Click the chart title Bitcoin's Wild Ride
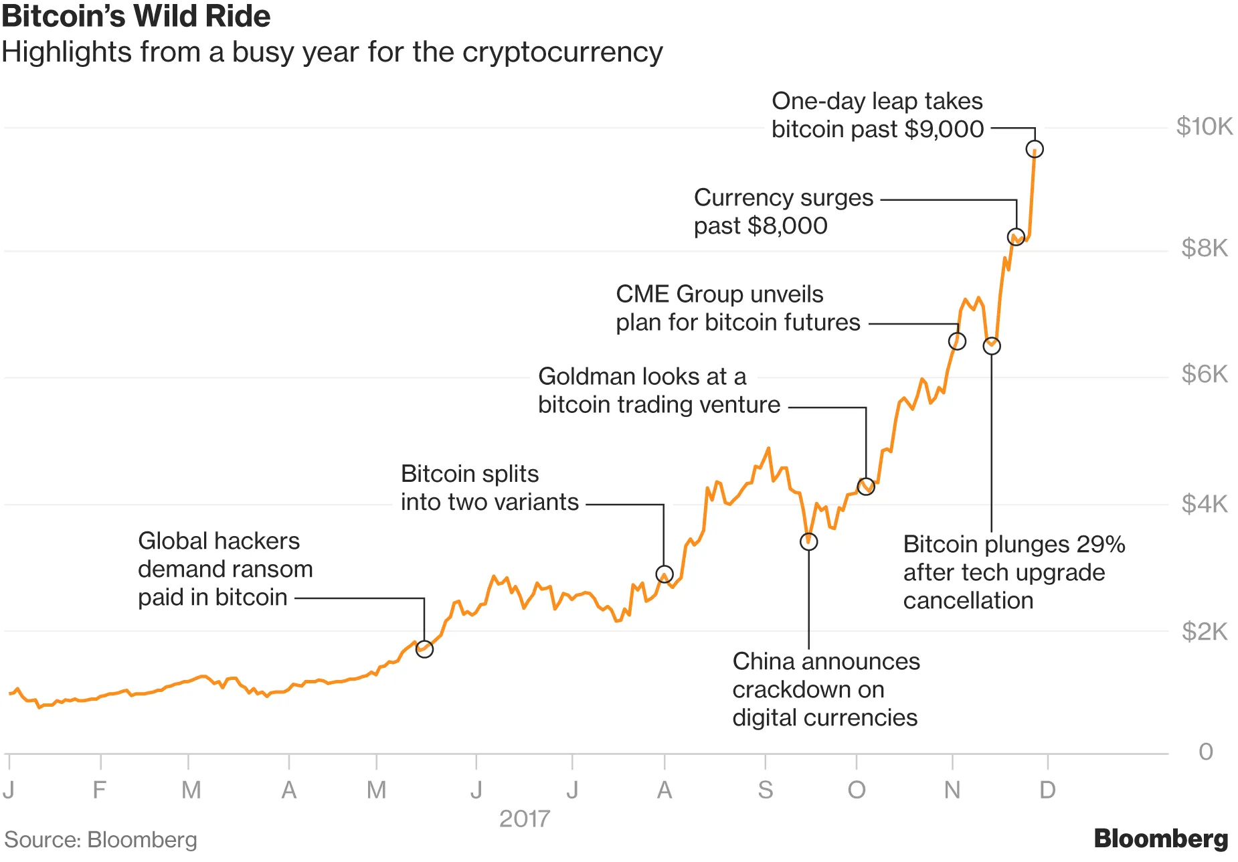pos(136,16)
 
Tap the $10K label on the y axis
pos(1204,126)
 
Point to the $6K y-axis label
pos(1204,374)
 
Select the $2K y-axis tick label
pos(1204,631)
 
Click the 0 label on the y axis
pos(1205,752)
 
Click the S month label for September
pos(765,790)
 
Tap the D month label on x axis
pos(1047,790)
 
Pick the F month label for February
pos(99,790)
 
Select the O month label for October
pos(857,790)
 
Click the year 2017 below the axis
pos(525,818)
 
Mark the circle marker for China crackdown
pos(808,542)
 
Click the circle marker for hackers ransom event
pos(424,649)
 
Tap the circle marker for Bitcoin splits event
pos(664,574)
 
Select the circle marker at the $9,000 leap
pos(1035,149)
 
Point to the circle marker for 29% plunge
pos(992,346)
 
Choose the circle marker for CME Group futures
pos(957,341)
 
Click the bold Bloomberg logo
pos(1160,839)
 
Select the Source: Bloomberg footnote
pos(100,840)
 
